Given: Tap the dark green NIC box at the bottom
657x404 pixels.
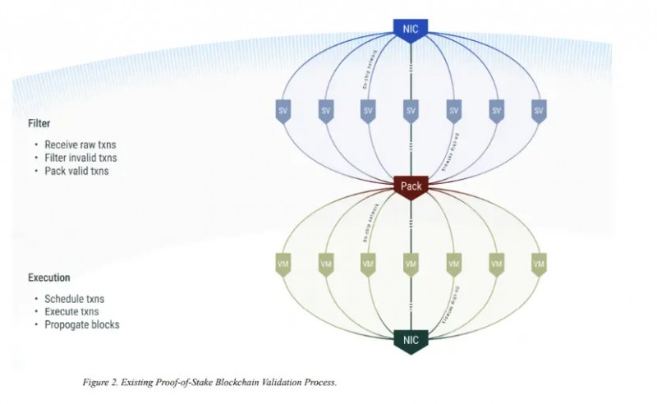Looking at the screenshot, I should click(411, 339).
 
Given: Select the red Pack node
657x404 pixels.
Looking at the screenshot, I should click(411, 186).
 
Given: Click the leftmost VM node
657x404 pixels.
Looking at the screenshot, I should click(283, 264).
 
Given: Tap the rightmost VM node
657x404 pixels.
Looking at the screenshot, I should click(539, 264).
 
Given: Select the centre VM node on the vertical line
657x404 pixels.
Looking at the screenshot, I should click(411, 264).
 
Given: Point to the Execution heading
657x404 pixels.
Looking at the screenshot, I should click(49, 278).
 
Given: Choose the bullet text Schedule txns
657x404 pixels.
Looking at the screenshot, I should click(74, 299).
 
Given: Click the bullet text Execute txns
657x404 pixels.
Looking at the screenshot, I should click(72, 312).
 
